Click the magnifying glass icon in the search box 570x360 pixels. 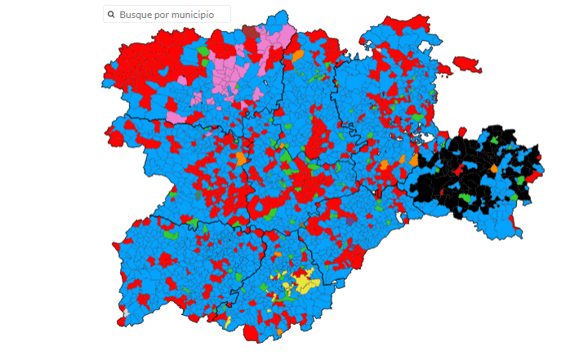click(x=111, y=15)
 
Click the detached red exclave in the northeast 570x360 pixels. click(x=467, y=63)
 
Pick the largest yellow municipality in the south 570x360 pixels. click(x=305, y=283)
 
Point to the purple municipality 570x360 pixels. click(x=350, y=220)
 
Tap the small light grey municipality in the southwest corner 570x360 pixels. click(x=126, y=312)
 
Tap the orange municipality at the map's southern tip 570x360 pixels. click(x=279, y=331)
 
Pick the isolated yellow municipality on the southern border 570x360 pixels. click(x=229, y=319)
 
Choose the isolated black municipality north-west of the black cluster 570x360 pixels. click(x=426, y=139)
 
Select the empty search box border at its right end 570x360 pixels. click(x=229, y=15)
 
